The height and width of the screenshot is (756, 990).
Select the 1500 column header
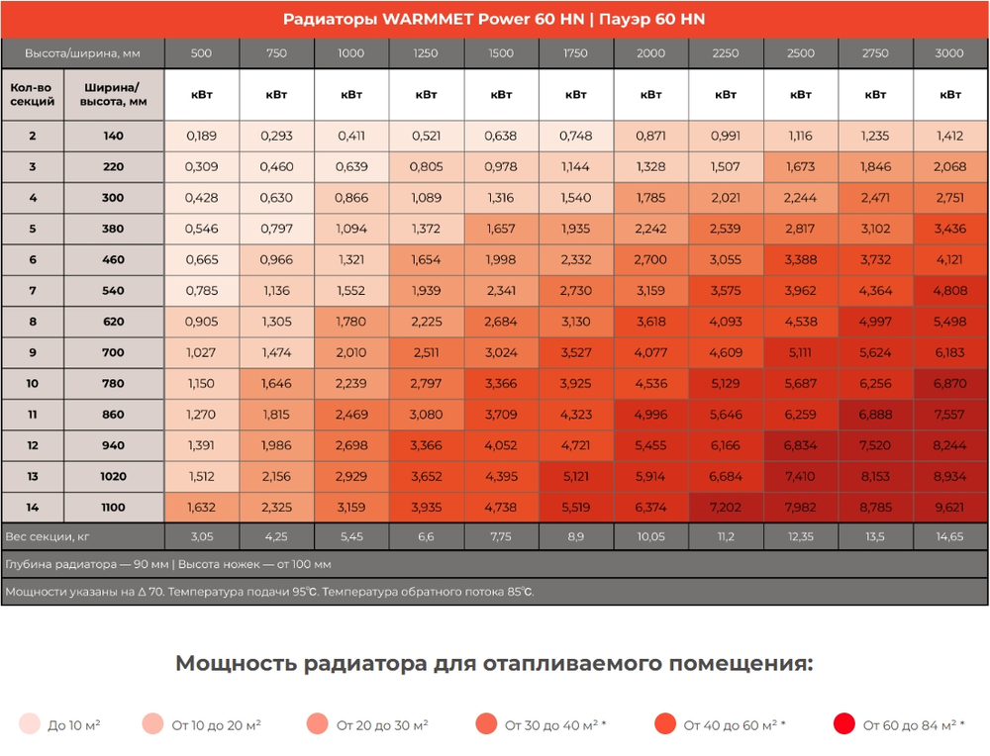(501, 53)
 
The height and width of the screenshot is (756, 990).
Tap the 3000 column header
(950, 53)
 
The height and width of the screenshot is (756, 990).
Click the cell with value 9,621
(950, 508)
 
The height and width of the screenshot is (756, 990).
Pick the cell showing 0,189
(201, 136)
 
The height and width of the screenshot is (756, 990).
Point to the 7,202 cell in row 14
(726, 508)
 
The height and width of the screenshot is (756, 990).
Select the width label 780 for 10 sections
(113, 384)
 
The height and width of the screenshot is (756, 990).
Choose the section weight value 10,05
(650, 536)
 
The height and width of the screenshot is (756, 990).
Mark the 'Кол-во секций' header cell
(33, 94)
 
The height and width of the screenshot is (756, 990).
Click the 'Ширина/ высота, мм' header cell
(113, 94)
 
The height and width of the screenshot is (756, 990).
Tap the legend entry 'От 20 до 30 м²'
(382, 725)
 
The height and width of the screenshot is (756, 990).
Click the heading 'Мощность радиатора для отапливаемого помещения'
(494, 663)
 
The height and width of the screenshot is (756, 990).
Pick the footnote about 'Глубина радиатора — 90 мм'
(168, 564)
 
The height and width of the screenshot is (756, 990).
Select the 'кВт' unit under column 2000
(650, 95)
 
